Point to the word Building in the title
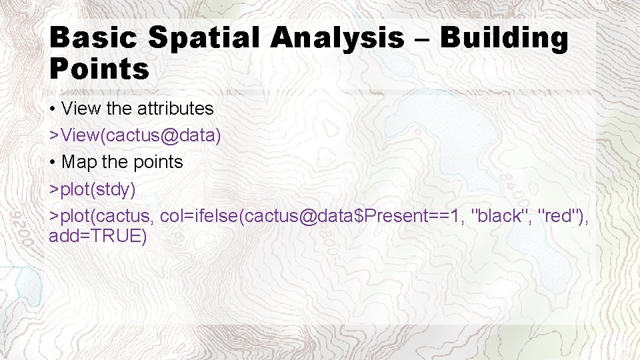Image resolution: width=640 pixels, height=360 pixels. [504, 38]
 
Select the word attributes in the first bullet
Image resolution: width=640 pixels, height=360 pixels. [175, 108]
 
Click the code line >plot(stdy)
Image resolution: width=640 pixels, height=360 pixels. [93, 190]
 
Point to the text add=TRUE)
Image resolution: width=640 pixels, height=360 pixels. [97, 236]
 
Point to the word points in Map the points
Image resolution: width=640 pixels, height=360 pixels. [156, 163]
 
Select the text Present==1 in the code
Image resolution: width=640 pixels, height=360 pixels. [407, 216]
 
